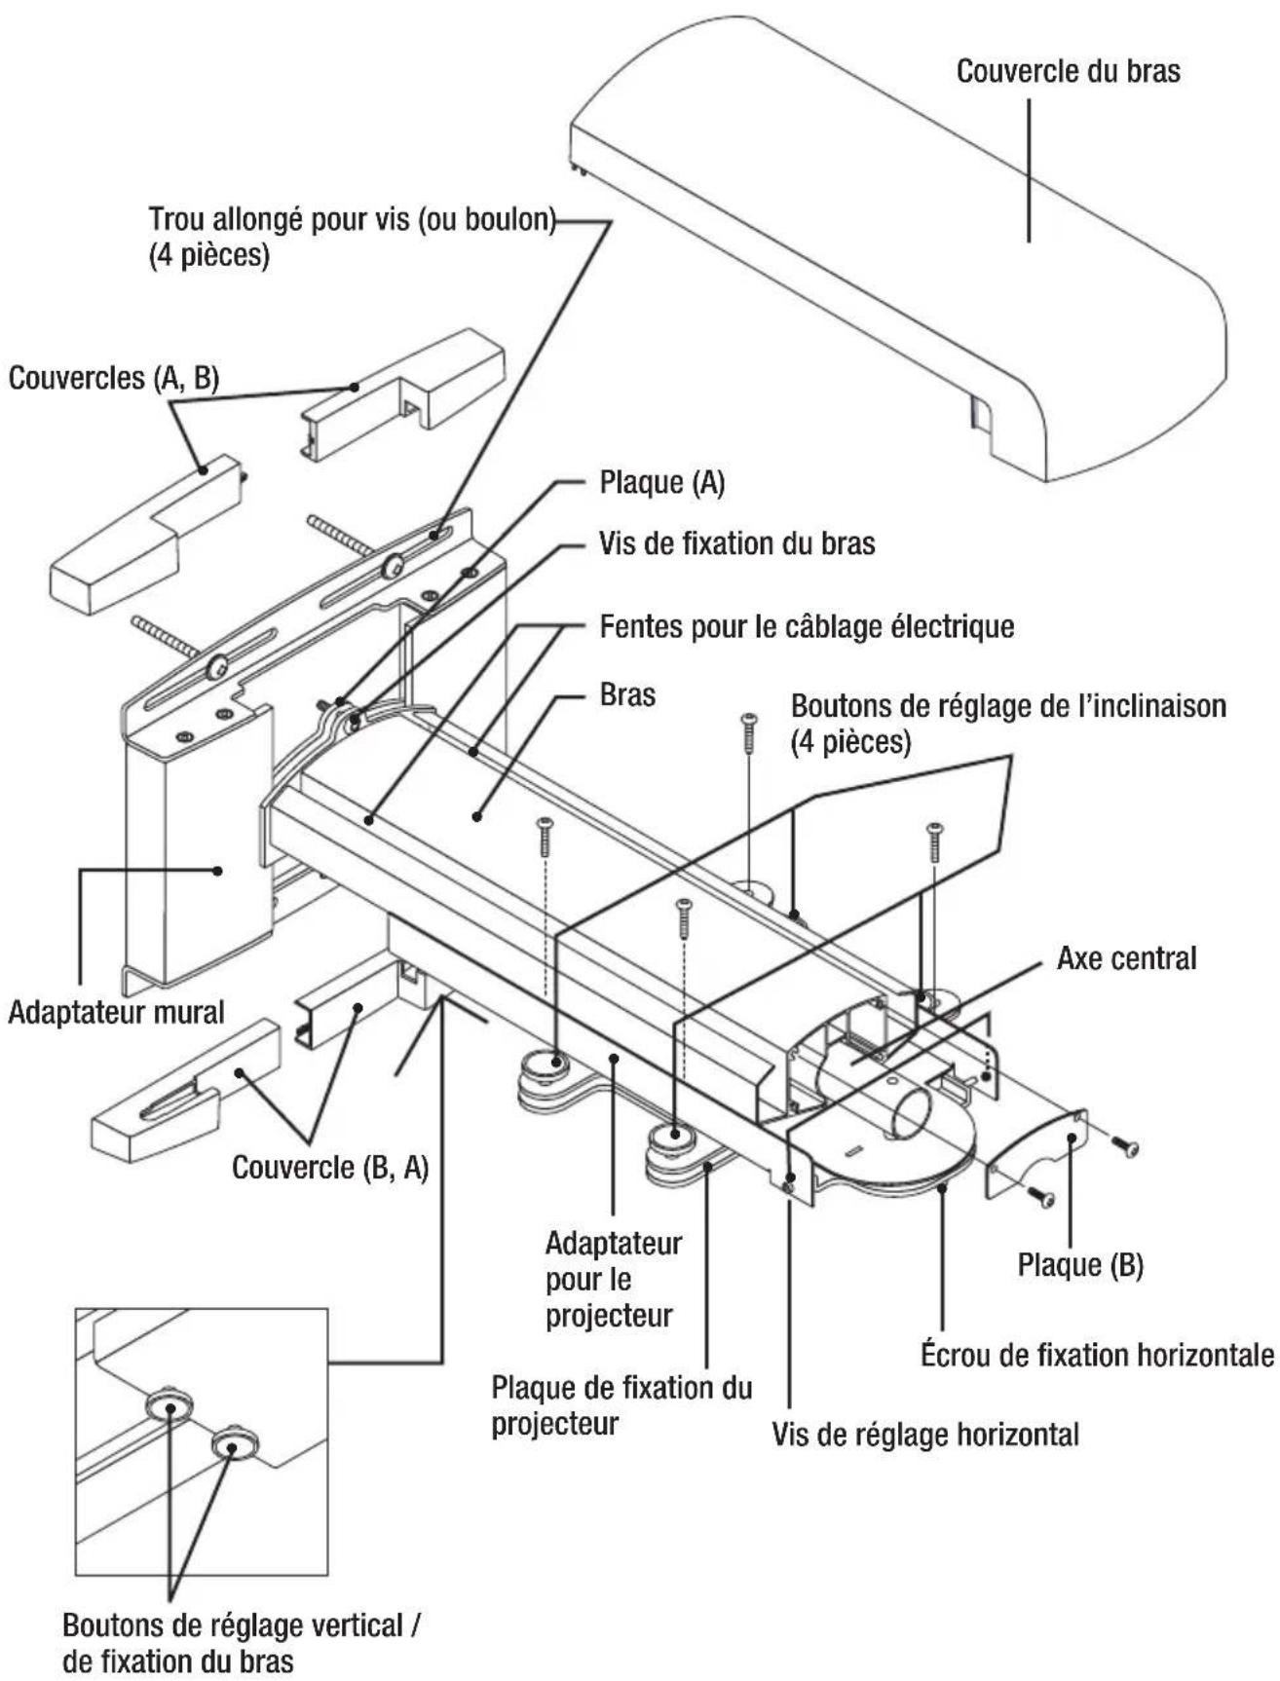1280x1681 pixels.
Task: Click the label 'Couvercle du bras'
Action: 1068,72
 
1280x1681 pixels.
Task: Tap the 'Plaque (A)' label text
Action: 661,483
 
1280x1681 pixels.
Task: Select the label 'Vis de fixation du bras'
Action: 736,543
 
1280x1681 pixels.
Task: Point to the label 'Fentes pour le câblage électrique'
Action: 807,625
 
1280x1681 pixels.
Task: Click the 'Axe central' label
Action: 1126,958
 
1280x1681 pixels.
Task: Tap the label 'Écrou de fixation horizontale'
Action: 1097,1355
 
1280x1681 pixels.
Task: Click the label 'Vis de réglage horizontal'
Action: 924,1434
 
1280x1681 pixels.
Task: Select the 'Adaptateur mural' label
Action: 116,1012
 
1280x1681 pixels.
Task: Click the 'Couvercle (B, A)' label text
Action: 330,1167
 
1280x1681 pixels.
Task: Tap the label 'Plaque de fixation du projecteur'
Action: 621,1405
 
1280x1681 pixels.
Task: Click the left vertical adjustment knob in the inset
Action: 169,1405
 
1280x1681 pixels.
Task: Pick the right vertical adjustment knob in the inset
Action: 232,1443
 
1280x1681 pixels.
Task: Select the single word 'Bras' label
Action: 627,695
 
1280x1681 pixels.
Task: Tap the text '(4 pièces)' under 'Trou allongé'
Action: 208,256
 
